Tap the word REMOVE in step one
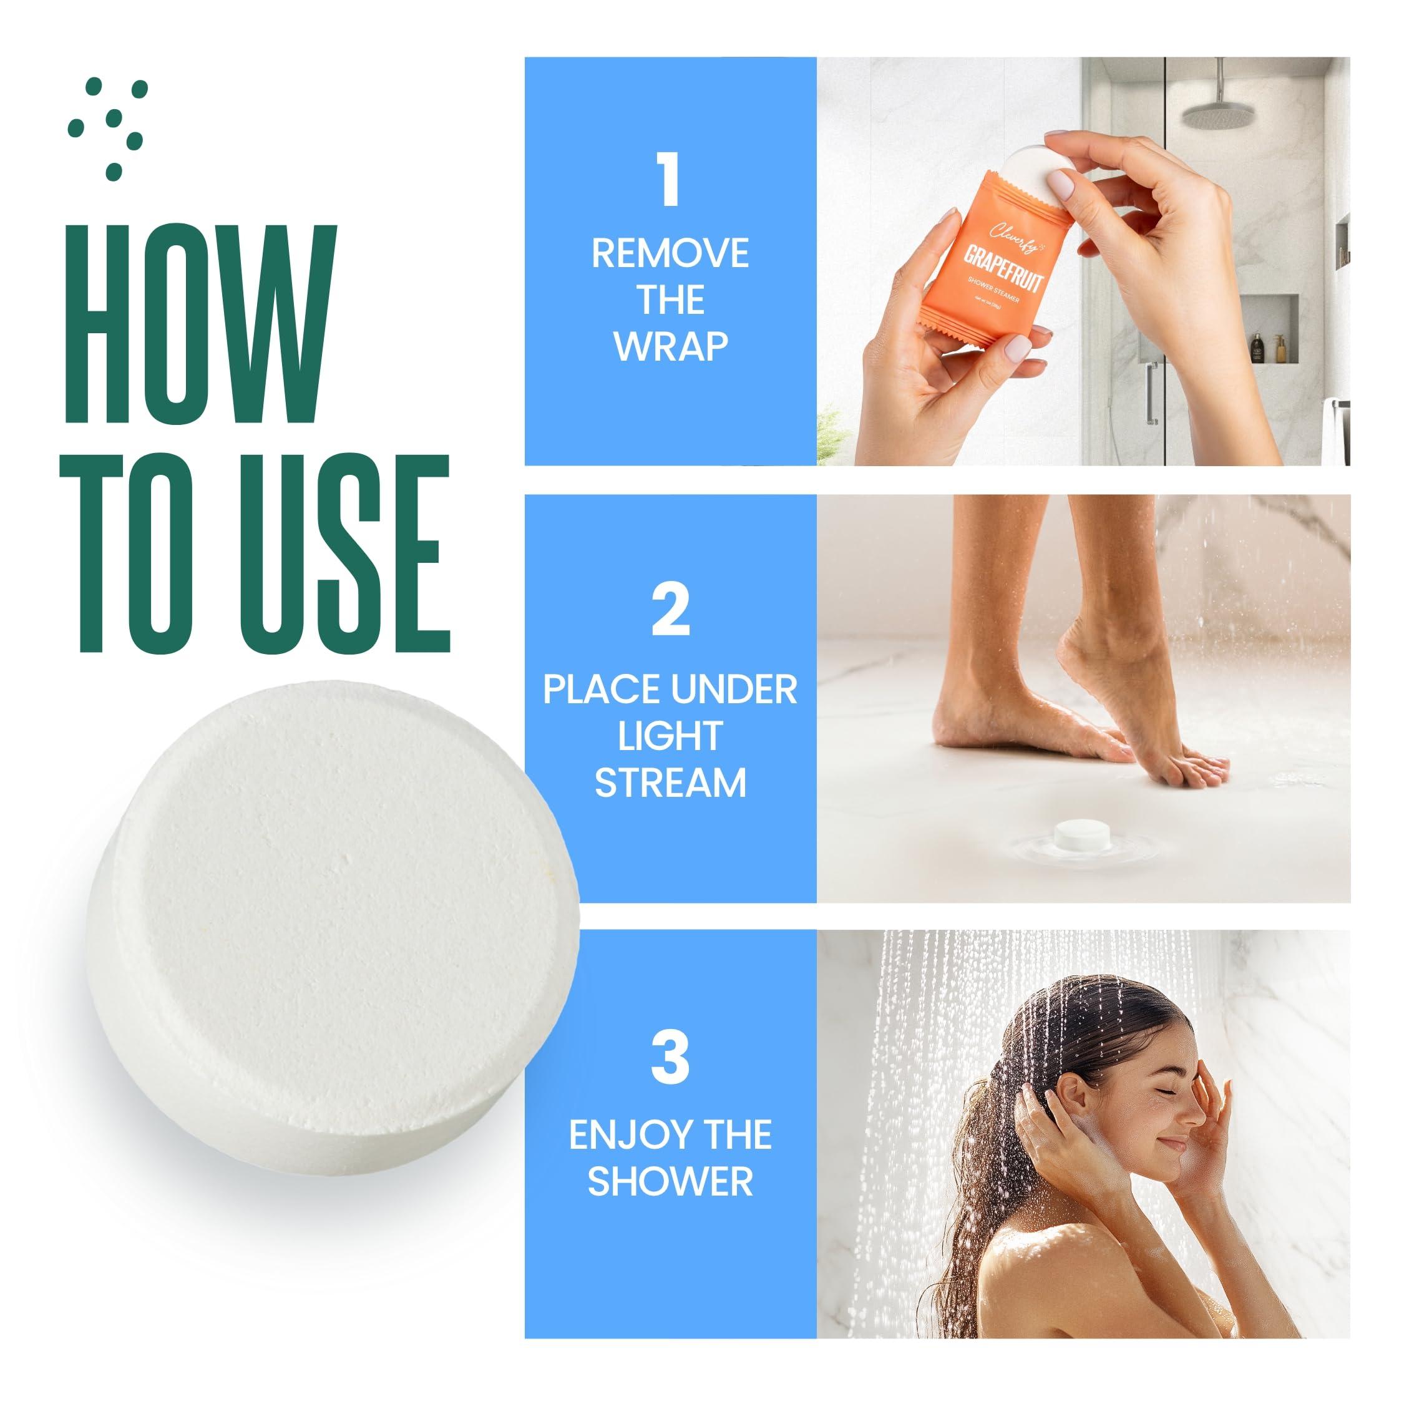pyautogui.click(x=670, y=253)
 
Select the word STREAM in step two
pyautogui.click(x=670, y=782)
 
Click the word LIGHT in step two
pyautogui.click(x=670, y=736)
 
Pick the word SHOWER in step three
pyautogui.click(x=670, y=1181)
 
